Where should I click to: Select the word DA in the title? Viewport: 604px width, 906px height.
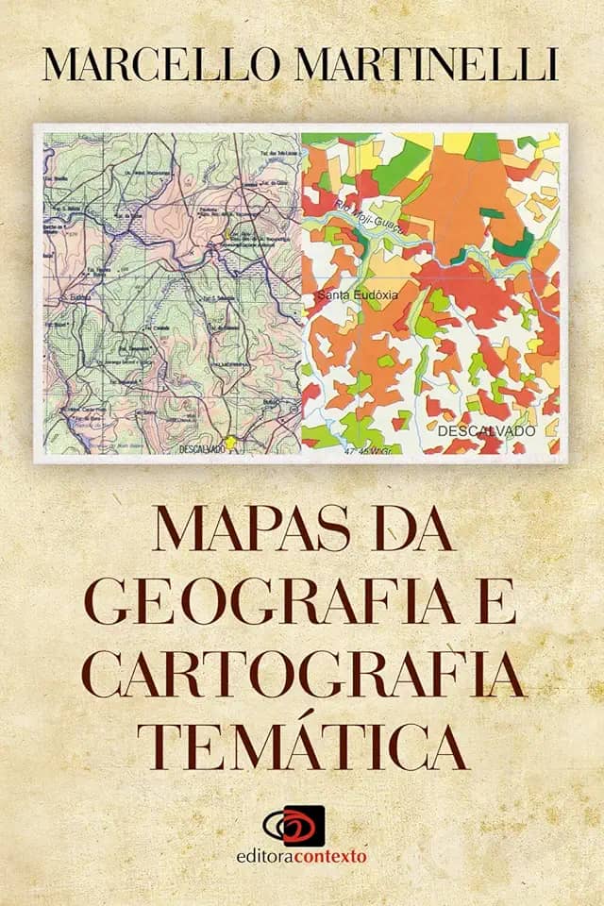coord(411,533)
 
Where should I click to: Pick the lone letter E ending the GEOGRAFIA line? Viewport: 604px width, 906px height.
coord(497,602)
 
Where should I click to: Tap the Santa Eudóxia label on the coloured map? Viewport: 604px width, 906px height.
coord(360,295)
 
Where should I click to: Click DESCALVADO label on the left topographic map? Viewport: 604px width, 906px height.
coord(201,449)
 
